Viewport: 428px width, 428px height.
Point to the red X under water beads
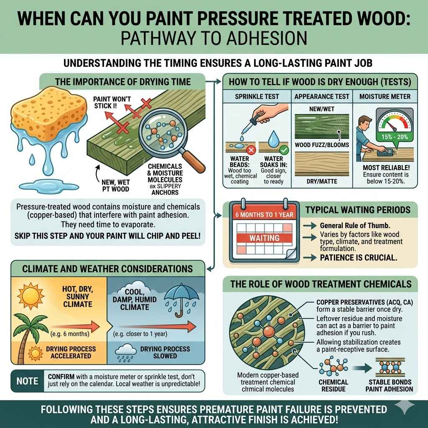251,149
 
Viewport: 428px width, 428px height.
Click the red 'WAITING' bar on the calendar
264,237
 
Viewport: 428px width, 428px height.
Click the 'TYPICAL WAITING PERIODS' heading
358,210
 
